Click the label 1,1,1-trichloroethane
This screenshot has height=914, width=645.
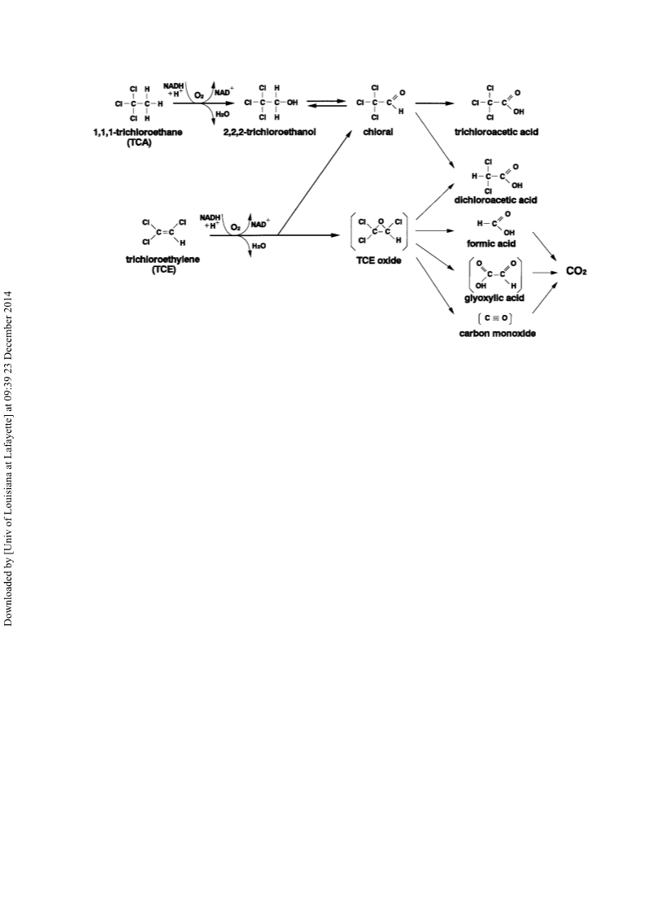pyautogui.click(x=137, y=132)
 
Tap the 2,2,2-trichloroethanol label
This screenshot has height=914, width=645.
pyautogui.click(x=269, y=132)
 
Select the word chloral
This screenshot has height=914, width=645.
pyautogui.click(x=377, y=132)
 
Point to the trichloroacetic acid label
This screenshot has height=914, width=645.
pyautogui.click(x=496, y=132)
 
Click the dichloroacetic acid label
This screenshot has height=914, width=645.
pyautogui.click(x=495, y=200)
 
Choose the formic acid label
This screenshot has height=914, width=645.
pyautogui.click(x=490, y=243)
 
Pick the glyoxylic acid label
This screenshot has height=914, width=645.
pyautogui.click(x=494, y=298)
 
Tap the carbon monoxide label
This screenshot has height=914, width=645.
pyautogui.click(x=497, y=334)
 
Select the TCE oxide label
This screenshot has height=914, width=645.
pyautogui.click(x=378, y=260)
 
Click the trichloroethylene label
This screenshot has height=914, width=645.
pyautogui.click(x=163, y=260)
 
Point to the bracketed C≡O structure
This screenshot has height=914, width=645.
pyautogui.click(x=495, y=318)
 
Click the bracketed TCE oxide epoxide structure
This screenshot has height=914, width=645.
pyautogui.click(x=378, y=231)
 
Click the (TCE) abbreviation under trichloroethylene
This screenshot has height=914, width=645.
pyautogui.click(x=163, y=269)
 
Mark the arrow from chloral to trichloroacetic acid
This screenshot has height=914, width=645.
pyautogui.click(x=434, y=103)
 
